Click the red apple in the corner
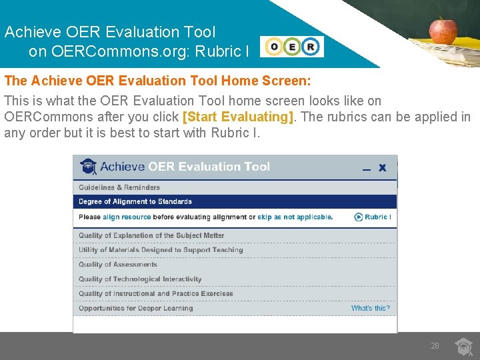point(443,30)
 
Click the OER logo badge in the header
point(292,47)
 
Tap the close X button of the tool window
point(382,167)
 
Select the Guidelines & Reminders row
point(119,187)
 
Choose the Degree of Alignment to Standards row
point(135,201)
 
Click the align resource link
point(127,217)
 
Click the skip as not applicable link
point(295,217)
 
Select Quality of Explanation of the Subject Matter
point(151,235)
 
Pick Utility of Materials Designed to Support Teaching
point(161,250)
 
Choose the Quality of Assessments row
point(118,265)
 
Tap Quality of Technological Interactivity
point(140,279)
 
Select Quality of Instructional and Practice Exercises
point(156,293)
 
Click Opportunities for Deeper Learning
point(136,308)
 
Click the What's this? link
point(370,308)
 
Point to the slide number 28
point(435,346)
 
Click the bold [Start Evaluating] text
point(238,117)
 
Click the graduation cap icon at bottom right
point(463,347)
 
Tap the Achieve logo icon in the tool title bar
point(88,166)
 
